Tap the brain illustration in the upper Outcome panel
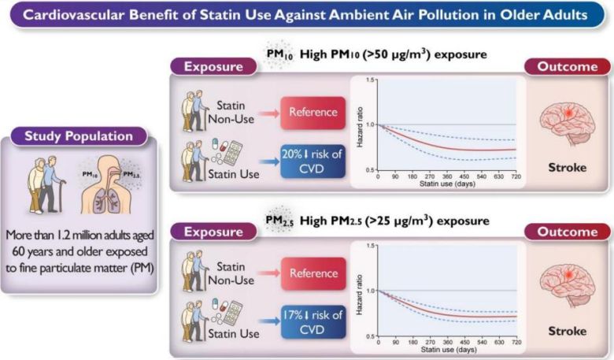pos(566,121)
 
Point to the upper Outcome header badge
pos(566,66)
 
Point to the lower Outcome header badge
pos(566,232)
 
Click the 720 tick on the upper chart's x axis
pos(516,177)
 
